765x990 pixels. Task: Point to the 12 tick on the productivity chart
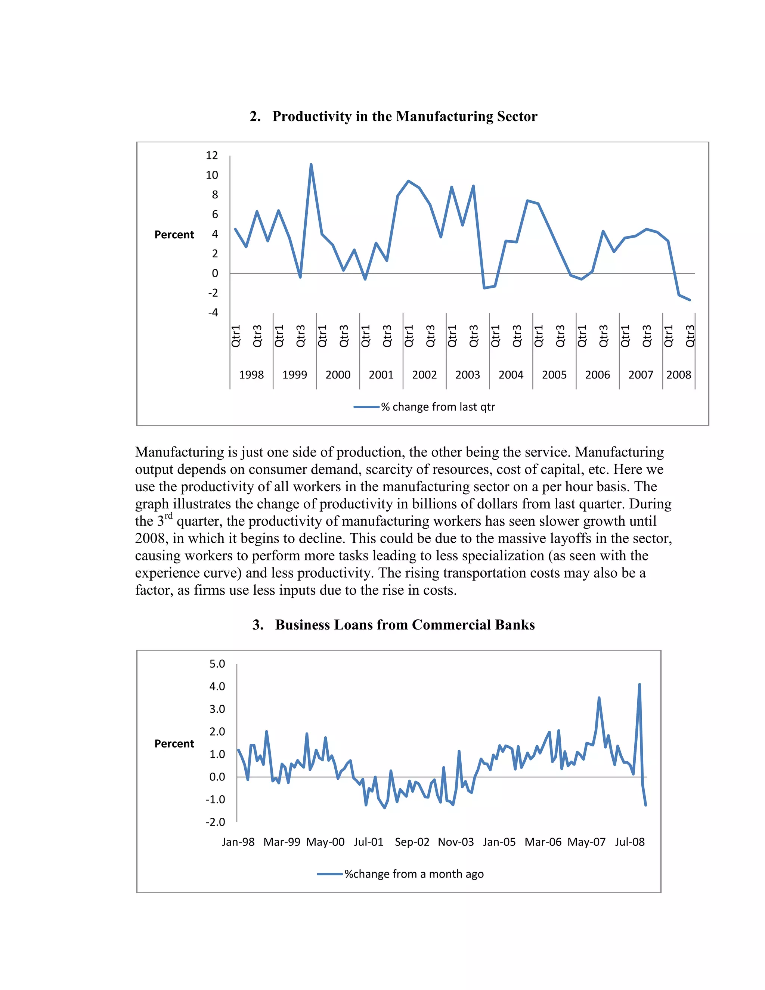212,155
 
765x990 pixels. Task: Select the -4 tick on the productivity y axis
213,312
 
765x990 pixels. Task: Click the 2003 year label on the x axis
467,375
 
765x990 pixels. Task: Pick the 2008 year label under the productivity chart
678,375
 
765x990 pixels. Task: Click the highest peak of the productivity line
311,164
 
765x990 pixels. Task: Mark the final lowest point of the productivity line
689,300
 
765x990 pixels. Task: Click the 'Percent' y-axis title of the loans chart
174,744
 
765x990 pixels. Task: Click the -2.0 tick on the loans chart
215,822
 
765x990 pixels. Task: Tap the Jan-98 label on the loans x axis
238,842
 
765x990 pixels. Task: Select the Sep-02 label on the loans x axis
412,842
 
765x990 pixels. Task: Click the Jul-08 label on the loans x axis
629,842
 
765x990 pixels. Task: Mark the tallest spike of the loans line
639,685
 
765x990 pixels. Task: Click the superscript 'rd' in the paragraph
168,516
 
